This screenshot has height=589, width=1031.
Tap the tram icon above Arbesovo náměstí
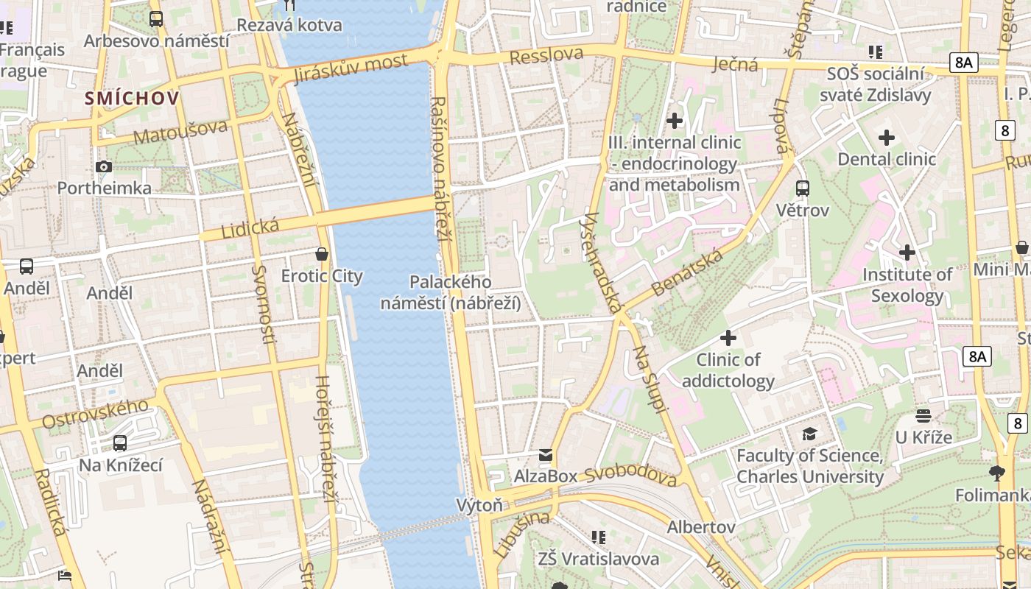156,19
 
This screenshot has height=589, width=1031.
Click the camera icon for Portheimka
104,167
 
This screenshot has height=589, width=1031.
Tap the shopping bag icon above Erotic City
322,255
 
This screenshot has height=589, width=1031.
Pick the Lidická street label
239,228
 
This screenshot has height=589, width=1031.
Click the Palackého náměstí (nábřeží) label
451,292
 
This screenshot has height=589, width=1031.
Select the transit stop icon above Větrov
803,188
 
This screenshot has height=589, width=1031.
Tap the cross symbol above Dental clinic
887,138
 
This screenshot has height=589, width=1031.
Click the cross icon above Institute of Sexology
907,253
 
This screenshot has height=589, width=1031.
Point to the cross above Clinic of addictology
728,338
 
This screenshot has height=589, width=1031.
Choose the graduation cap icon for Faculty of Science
809,434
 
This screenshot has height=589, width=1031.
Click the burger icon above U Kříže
923,416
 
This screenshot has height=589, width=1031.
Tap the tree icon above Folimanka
998,473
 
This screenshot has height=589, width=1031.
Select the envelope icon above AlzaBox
546,455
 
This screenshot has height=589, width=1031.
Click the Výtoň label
479,505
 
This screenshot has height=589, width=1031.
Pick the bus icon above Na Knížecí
120,443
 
